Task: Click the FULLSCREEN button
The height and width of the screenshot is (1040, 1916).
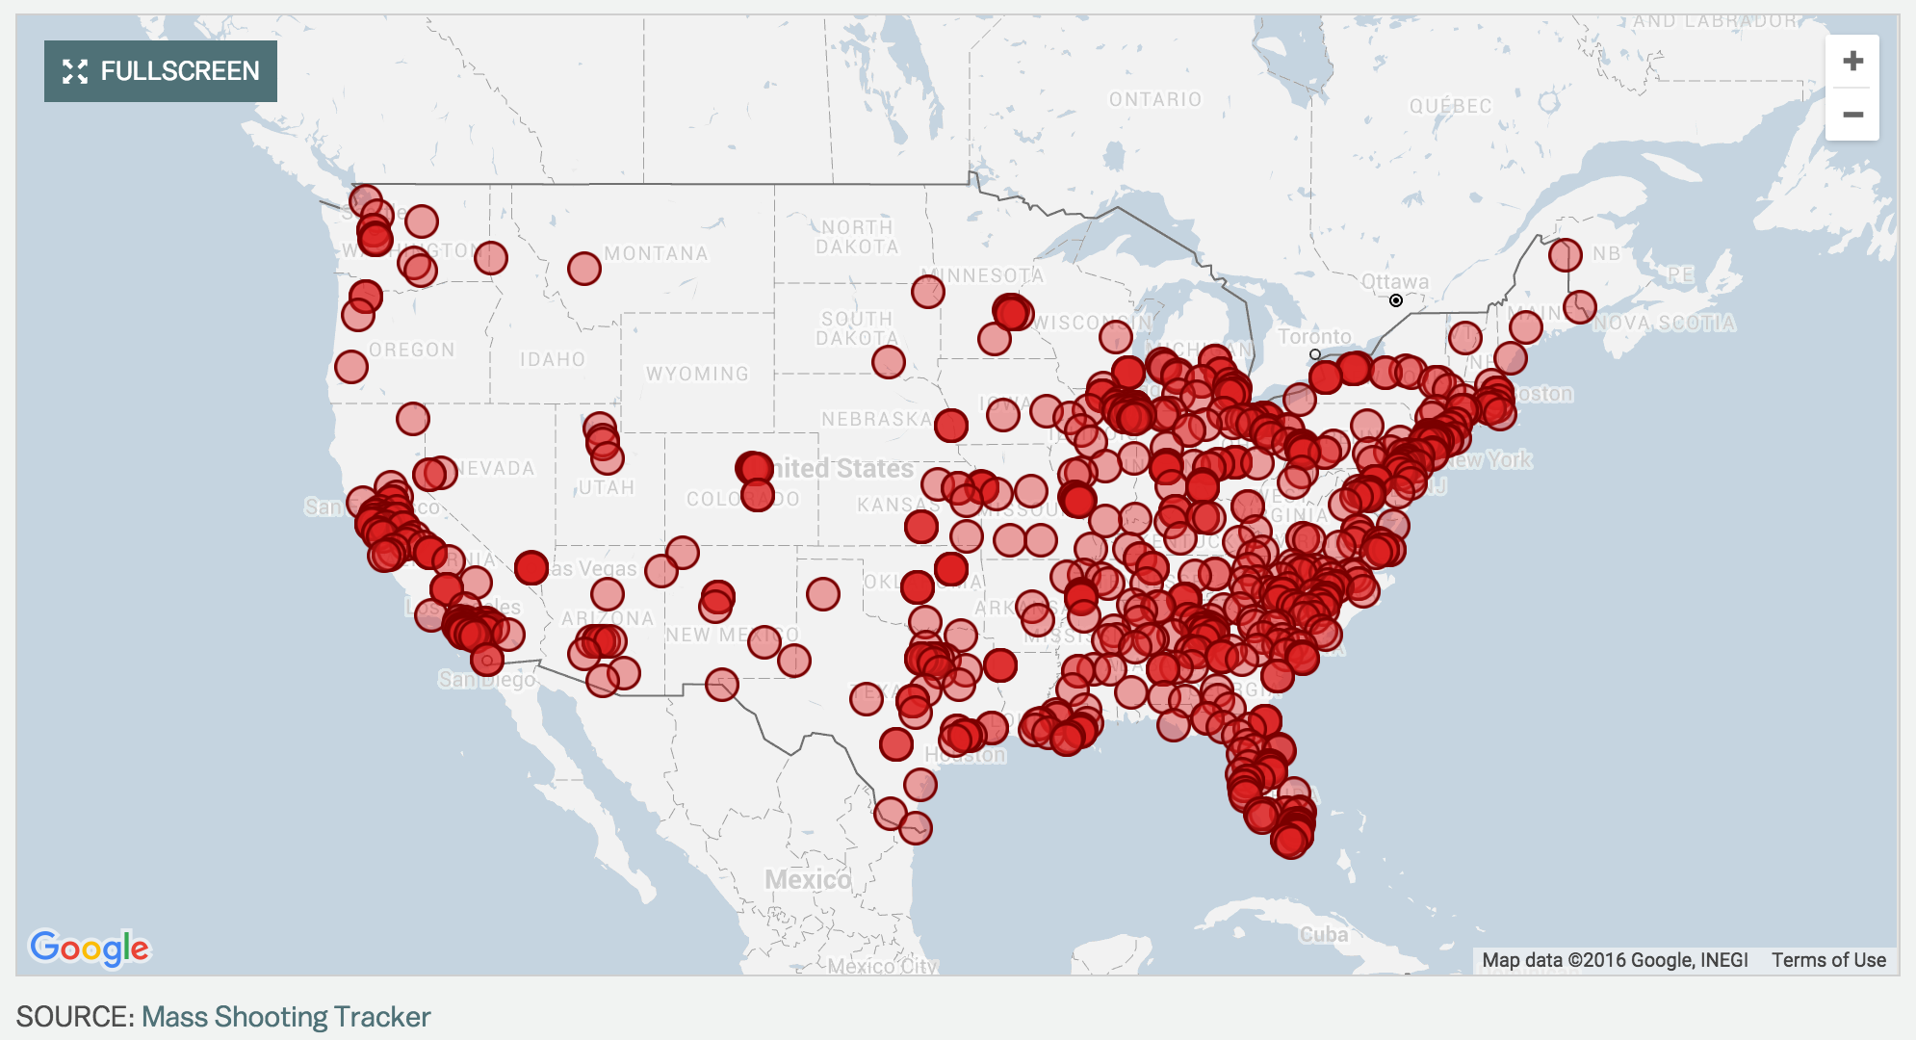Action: (x=161, y=71)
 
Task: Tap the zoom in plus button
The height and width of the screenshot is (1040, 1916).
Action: (x=1852, y=62)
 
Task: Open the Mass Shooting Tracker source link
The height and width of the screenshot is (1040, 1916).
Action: (x=286, y=1017)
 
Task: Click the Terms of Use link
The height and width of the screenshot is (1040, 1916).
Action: (x=1828, y=960)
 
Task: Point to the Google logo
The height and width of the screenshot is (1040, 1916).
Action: (x=90, y=949)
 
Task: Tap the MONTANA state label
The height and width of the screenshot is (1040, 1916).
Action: (x=656, y=253)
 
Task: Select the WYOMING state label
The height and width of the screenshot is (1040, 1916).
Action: (x=697, y=374)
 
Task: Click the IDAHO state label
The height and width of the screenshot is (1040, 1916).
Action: (x=553, y=359)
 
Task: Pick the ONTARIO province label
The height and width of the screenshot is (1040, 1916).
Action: (x=1155, y=99)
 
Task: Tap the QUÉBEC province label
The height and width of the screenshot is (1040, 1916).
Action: (x=1450, y=106)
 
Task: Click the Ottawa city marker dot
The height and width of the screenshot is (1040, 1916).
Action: (x=1396, y=300)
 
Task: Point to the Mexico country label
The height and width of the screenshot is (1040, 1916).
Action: (x=808, y=879)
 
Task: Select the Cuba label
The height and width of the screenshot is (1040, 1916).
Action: (x=1324, y=934)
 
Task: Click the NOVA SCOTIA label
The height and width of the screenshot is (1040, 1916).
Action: (x=1665, y=324)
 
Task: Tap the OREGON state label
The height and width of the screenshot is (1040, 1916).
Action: (x=412, y=350)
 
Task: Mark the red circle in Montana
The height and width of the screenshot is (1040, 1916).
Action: (x=584, y=269)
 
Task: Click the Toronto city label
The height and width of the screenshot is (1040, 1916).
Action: (x=1314, y=336)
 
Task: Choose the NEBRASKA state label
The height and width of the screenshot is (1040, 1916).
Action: (x=876, y=419)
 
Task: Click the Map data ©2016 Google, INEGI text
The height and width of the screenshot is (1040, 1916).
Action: (x=1615, y=960)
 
